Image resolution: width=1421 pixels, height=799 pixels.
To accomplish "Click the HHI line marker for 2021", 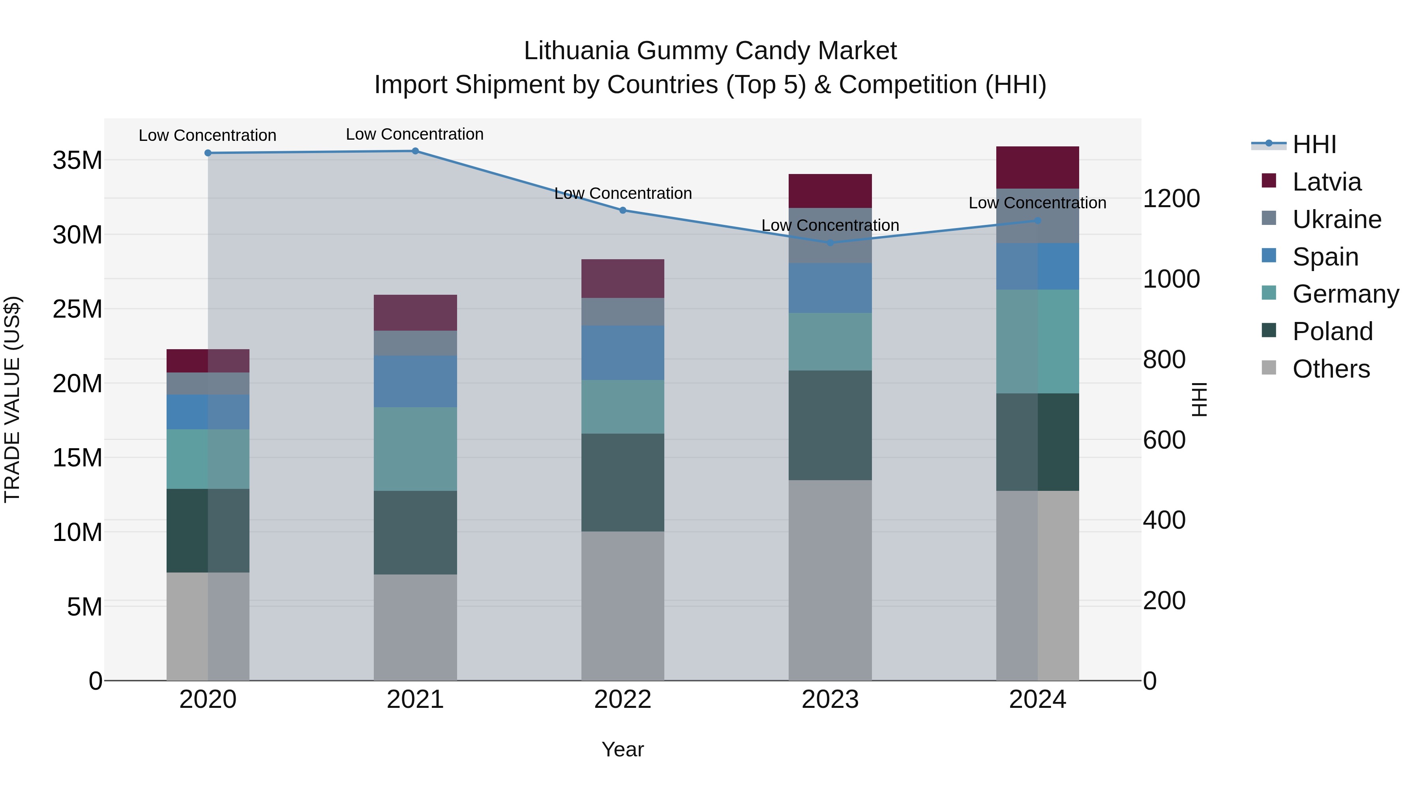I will coord(415,151).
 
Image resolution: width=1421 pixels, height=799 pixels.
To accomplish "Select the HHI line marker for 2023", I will coord(830,243).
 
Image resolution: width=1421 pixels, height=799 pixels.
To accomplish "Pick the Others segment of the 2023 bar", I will coord(830,580).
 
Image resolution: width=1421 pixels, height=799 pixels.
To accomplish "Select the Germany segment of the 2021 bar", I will coord(415,449).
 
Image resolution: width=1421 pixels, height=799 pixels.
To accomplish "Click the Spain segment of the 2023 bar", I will coord(830,288).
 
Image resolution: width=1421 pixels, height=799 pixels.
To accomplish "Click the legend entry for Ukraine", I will coord(1337,219).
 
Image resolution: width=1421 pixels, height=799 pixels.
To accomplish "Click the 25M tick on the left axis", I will coord(77,309).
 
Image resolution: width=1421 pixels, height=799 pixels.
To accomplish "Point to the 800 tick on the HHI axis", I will coord(1164,359).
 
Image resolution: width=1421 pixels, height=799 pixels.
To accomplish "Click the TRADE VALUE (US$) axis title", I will coord(12,399).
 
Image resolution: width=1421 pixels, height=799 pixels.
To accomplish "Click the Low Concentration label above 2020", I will coord(207,135).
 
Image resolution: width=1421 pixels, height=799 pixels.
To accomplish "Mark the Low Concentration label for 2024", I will coord(1037,203).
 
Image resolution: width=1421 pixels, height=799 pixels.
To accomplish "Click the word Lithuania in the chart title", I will coord(576,51).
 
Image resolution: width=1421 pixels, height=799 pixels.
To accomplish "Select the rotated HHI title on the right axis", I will coord(1199,399).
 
